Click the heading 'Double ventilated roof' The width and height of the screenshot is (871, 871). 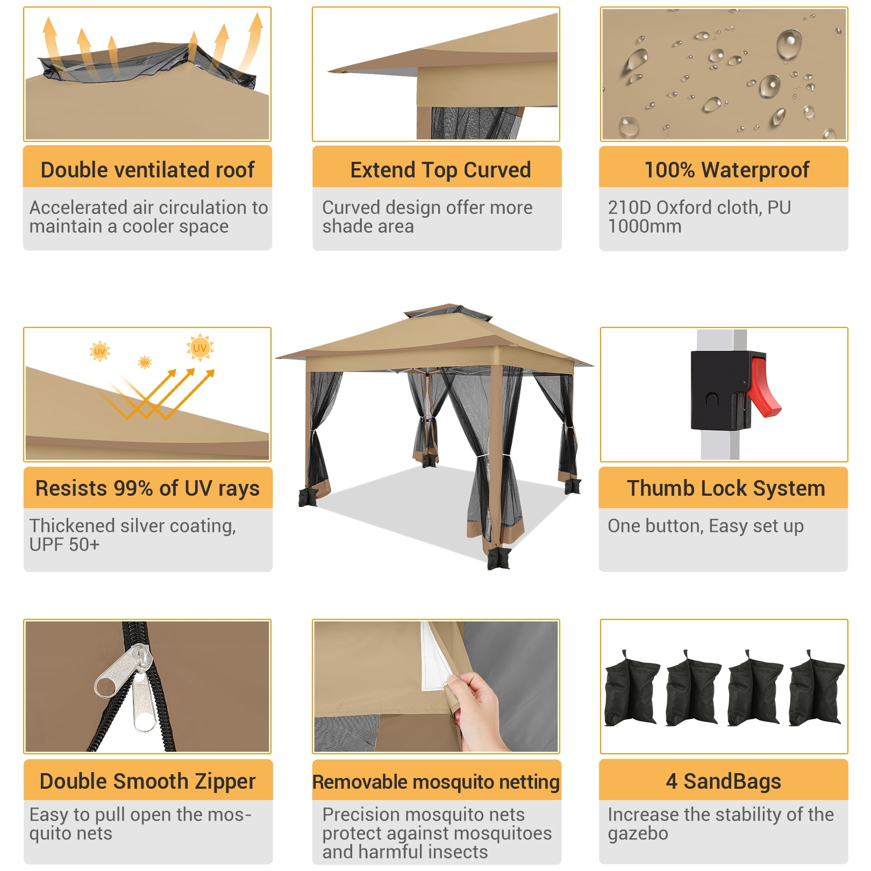[147, 170]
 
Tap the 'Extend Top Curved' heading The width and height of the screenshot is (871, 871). [440, 170]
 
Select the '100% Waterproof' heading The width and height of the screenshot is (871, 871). [726, 170]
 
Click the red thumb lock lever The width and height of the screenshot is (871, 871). [763, 386]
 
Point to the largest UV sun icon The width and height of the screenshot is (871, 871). [200, 347]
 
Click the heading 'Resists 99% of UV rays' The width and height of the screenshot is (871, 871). [147, 488]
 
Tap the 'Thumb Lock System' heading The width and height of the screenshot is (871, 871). [726, 488]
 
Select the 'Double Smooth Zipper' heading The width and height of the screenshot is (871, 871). [147, 781]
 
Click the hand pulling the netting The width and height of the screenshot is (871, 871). [477, 710]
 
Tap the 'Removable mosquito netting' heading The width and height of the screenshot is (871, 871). [436, 782]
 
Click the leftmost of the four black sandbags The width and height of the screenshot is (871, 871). [631, 689]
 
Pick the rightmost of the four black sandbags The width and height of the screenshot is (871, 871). [816, 689]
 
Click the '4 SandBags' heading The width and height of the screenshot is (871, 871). [723, 781]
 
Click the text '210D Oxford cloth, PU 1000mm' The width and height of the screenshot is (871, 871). [699, 217]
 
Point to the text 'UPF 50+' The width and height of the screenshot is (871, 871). [65, 545]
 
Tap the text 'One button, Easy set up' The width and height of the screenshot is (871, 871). [705, 526]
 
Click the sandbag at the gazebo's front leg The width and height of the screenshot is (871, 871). [498, 558]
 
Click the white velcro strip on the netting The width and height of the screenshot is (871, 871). [437, 658]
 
